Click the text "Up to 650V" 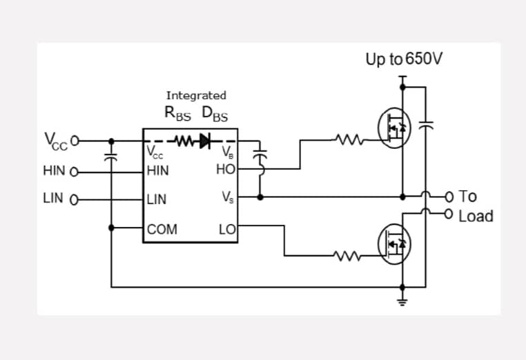coord(404,59)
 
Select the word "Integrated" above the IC coord(195,95)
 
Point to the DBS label coord(215,114)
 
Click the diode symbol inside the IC coord(205,141)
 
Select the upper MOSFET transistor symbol coord(395,127)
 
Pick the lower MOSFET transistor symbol coord(395,243)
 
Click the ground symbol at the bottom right coord(403,300)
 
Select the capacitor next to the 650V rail coord(426,127)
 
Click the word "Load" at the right coord(476,217)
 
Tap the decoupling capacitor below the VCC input coord(110,156)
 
